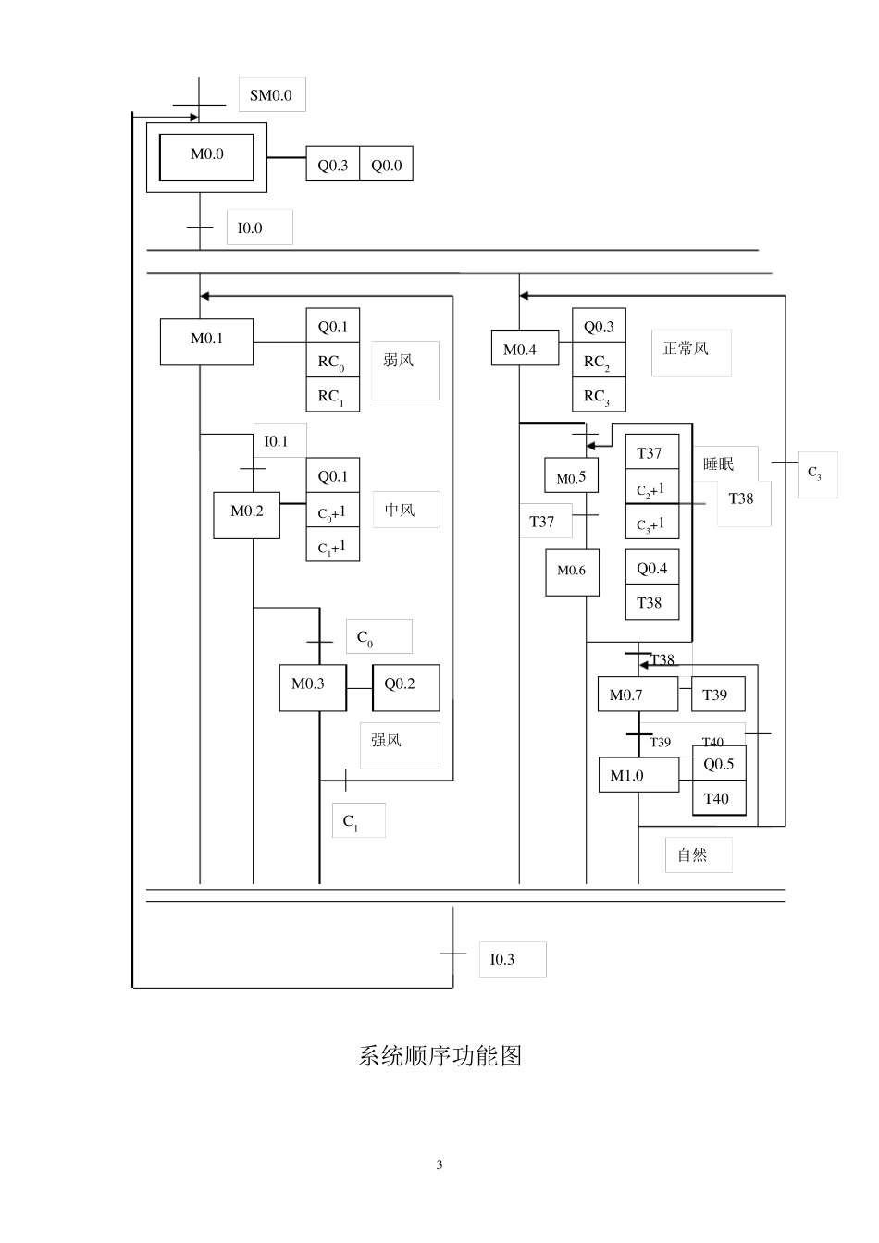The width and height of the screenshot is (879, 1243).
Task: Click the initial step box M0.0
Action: click(x=206, y=156)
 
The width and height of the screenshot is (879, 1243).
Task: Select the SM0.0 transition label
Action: click(x=271, y=95)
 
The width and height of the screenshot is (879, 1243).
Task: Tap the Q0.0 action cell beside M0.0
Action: click(x=386, y=166)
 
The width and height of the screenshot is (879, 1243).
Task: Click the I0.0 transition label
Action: click(x=251, y=228)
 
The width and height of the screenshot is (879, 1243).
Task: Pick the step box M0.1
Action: click(x=206, y=339)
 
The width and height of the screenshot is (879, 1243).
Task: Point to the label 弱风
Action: click(x=399, y=361)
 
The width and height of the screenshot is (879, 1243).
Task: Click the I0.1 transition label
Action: click(x=277, y=441)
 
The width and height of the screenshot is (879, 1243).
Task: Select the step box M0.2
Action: click(x=246, y=511)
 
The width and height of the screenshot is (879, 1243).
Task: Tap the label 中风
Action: click(x=400, y=511)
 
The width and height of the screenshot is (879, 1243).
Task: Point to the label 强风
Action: click(x=387, y=741)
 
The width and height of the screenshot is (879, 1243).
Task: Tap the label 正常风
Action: click(x=687, y=350)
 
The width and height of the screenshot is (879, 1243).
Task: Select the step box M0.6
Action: click(x=572, y=572)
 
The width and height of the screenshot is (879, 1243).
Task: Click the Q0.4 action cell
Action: click(x=651, y=569)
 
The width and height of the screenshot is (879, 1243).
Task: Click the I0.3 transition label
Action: click(x=503, y=959)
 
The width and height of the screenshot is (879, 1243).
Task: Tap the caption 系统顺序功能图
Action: click(x=439, y=1056)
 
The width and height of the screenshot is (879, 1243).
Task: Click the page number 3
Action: click(x=439, y=1165)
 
